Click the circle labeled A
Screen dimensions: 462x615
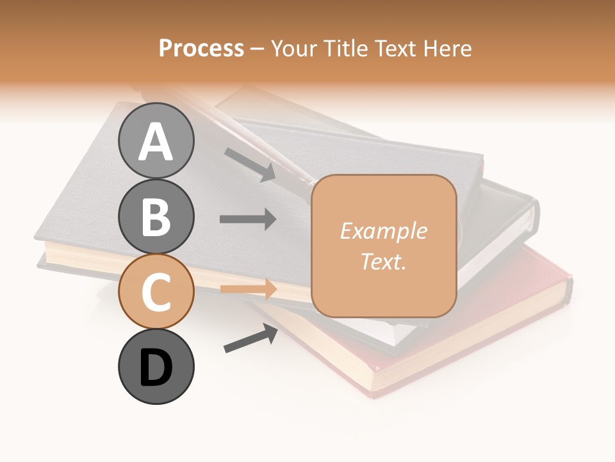[156, 141]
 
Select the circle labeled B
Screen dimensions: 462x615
[156, 216]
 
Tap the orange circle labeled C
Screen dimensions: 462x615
[156, 291]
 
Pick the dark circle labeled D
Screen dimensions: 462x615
[156, 366]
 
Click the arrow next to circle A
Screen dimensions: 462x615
[250, 164]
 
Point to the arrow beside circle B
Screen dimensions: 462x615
[248, 219]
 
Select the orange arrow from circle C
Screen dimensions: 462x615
[248, 289]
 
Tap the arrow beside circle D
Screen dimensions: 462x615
[250, 338]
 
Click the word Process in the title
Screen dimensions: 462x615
[201, 49]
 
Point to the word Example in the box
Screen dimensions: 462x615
[383, 231]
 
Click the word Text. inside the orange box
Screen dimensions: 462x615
[383, 262]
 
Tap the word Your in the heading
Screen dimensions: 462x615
[295, 49]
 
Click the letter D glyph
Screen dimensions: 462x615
[156, 368]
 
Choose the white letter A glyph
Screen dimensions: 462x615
[156, 142]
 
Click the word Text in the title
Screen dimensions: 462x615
[396, 49]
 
